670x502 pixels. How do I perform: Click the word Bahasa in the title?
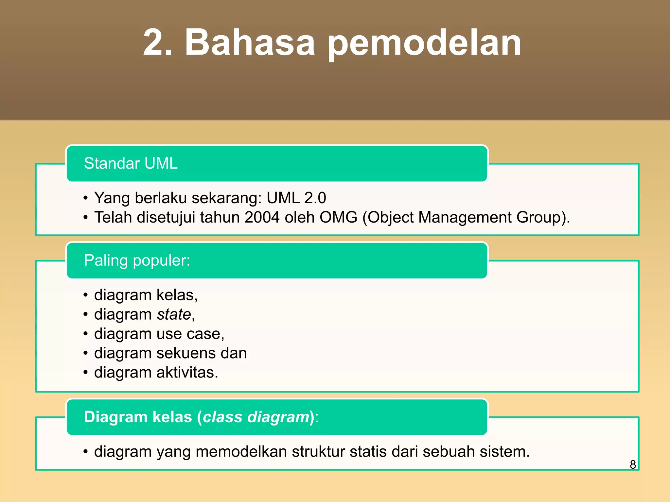pyautogui.click(x=250, y=42)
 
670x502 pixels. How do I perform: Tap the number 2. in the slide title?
pyautogui.click(x=157, y=42)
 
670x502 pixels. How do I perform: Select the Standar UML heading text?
pyautogui.click(x=131, y=163)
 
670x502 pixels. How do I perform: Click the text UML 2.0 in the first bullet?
pyautogui.click(x=296, y=198)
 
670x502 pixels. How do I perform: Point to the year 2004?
pyautogui.click(x=262, y=217)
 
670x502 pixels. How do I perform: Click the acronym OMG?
pyautogui.click(x=338, y=217)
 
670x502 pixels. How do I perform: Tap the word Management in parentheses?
pyautogui.click(x=465, y=217)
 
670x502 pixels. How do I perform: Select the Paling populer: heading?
pyautogui.click(x=137, y=260)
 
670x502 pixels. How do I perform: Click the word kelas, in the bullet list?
pyautogui.click(x=177, y=295)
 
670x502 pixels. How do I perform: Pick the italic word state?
pyautogui.click(x=174, y=314)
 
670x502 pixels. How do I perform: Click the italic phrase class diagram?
pyautogui.click(x=256, y=417)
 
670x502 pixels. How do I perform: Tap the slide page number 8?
pyautogui.click(x=633, y=464)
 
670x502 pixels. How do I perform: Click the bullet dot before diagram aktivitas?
pyautogui.click(x=85, y=373)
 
